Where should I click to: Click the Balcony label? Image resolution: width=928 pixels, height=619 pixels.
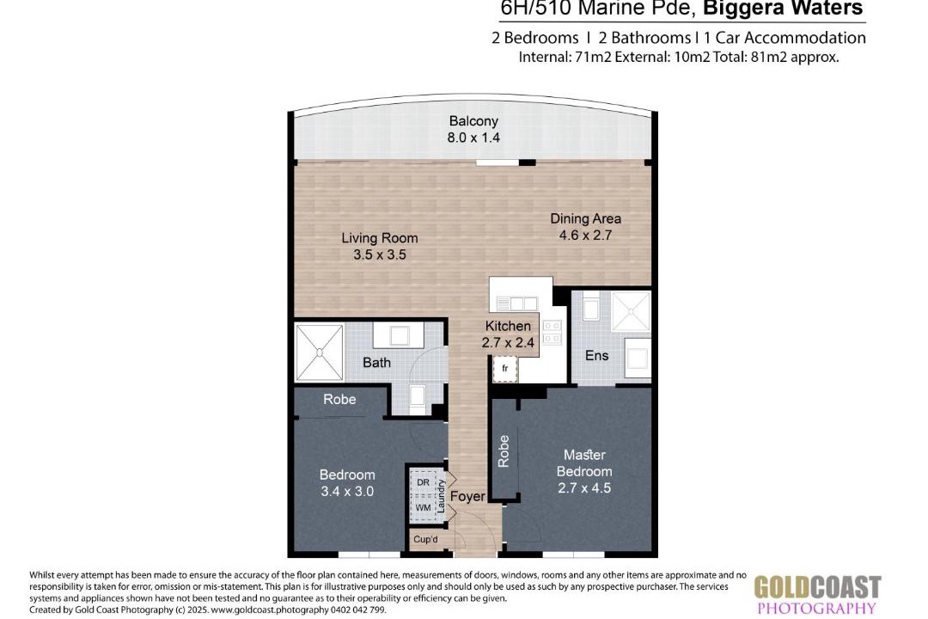[x=473, y=121]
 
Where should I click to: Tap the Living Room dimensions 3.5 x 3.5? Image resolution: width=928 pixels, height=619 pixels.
[x=380, y=254]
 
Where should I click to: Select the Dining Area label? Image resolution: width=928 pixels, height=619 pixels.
[x=586, y=218]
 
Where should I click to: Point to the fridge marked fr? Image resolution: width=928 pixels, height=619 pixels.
[x=505, y=369]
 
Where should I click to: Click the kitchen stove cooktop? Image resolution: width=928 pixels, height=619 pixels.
[x=553, y=332]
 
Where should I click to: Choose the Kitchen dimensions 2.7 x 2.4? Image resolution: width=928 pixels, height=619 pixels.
[x=508, y=342]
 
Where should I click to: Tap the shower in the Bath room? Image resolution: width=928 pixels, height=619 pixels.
[x=320, y=352]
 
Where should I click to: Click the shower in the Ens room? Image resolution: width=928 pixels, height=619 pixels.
[x=631, y=311]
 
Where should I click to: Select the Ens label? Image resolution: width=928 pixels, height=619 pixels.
[x=596, y=355]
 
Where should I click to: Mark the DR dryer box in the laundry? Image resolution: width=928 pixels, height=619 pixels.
[x=424, y=483]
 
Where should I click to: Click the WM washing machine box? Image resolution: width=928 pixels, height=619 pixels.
[x=424, y=508]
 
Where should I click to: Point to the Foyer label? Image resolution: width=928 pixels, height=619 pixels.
[x=467, y=496]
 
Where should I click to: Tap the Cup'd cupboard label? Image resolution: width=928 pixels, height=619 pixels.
[x=425, y=540]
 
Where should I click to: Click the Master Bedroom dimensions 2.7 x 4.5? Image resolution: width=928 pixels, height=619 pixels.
[x=584, y=488]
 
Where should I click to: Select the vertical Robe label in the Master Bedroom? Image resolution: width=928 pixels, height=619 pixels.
[x=504, y=451]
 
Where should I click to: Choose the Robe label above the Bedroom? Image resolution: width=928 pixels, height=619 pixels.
[x=339, y=399]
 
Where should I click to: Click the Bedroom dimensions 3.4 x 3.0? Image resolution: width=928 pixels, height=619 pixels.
[x=347, y=491]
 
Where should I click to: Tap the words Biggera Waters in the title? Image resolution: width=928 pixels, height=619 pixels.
[x=783, y=9]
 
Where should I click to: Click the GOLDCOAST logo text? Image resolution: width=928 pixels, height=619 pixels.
[x=817, y=587]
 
